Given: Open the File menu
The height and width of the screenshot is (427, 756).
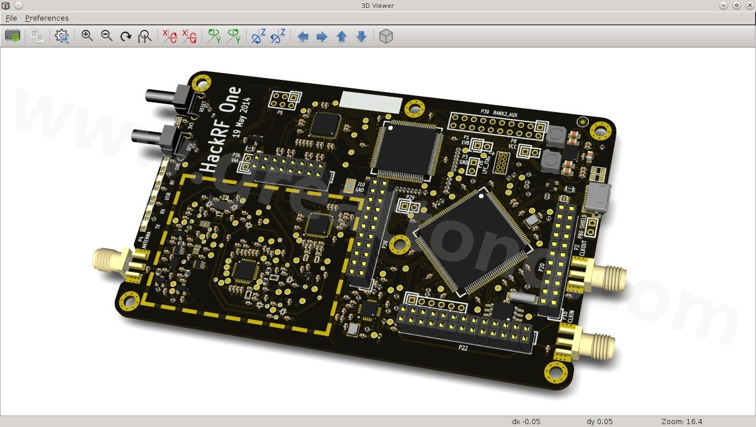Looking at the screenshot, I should point(11,18).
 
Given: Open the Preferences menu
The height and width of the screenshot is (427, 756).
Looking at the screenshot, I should point(47,18).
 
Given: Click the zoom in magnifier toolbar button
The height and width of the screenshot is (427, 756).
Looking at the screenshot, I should point(87,36).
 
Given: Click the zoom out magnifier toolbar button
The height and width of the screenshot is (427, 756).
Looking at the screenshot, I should point(107,36).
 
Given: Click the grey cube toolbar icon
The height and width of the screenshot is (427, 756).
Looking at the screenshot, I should point(386,36).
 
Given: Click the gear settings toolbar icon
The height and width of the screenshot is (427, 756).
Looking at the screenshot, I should point(61,36).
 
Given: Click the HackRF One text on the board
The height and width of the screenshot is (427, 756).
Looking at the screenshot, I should point(221,130).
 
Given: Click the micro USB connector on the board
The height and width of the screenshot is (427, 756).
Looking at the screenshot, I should point(599,199).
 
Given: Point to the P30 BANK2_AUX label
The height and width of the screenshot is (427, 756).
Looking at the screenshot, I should point(498,114).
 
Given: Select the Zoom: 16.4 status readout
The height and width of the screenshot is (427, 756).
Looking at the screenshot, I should point(682,421).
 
